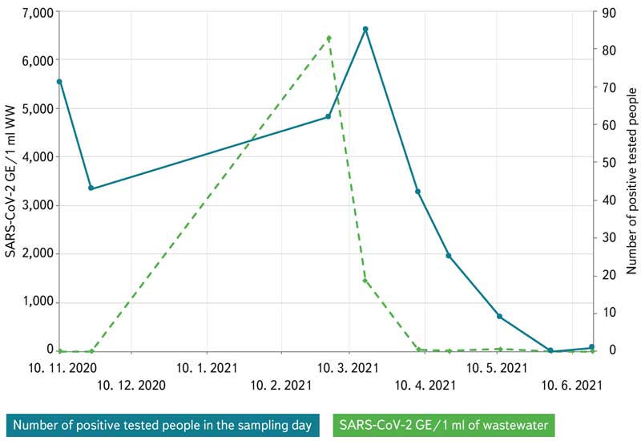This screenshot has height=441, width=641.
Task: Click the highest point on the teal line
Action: [365, 29]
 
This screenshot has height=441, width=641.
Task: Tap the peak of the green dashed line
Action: [329, 38]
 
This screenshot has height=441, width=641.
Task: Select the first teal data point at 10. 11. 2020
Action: [59, 82]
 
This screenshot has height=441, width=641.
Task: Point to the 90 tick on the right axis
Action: [610, 12]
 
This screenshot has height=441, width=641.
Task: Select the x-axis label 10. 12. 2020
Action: [131, 385]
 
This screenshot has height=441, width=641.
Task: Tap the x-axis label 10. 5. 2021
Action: [497, 368]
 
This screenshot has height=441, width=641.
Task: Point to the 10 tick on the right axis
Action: [610, 313]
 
